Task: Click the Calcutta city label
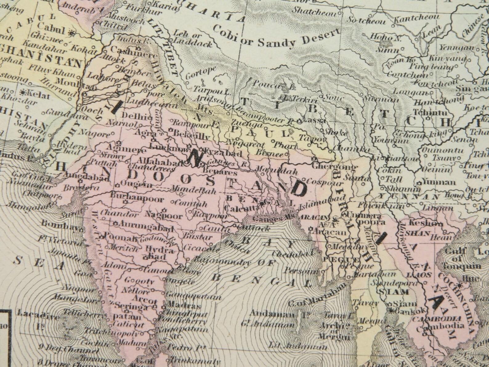(240, 208)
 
